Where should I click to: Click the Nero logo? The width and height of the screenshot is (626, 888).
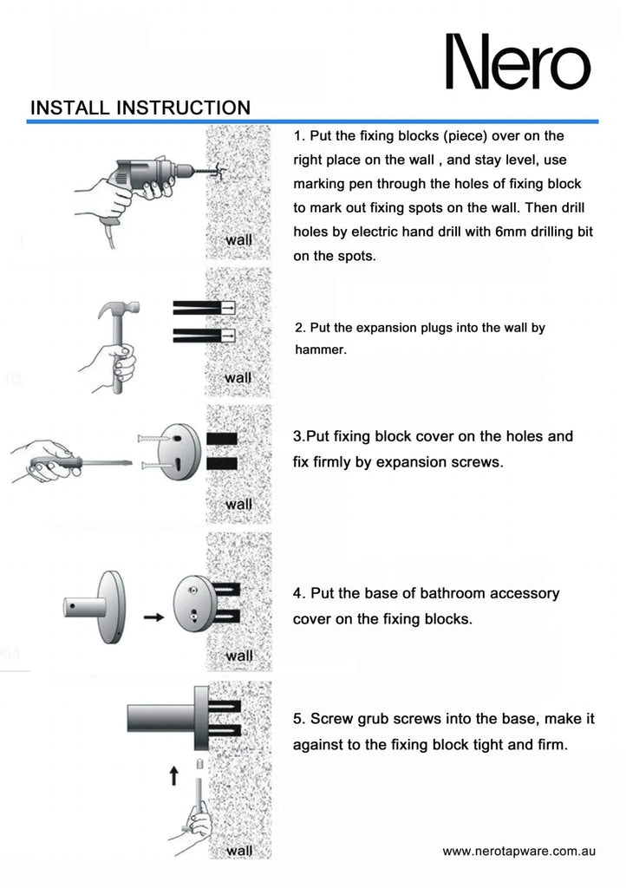point(518,62)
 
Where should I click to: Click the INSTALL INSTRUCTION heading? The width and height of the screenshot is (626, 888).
point(140,108)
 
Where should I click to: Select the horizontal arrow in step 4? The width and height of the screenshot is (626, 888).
point(153,617)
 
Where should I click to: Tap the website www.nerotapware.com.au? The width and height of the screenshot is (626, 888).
point(518,852)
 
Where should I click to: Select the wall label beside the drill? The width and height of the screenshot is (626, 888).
point(238,239)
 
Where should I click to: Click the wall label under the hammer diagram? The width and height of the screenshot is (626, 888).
point(238,378)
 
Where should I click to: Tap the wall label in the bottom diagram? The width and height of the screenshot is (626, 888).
point(238,851)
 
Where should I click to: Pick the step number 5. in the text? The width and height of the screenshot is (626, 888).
point(299,719)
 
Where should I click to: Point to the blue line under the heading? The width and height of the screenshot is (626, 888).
point(312,122)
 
